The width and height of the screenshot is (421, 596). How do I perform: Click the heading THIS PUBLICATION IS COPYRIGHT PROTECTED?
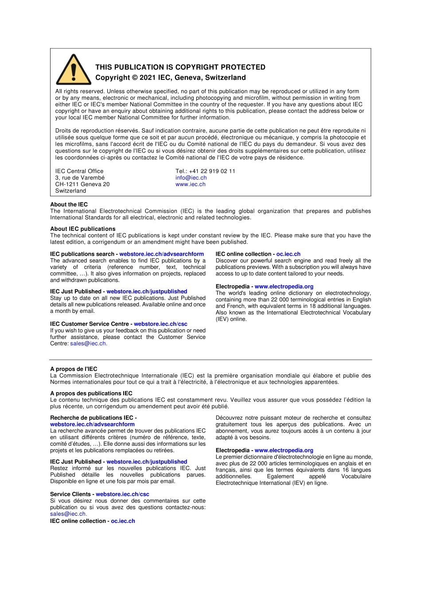pyautogui.click(x=180, y=67)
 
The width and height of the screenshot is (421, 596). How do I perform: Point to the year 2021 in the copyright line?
pyautogui.click(x=148, y=78)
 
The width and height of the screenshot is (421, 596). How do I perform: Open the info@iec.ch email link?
pyautogui.click(x=191, y=178)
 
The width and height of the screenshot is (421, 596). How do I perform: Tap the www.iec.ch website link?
pyautogui.click(x=190, y=184)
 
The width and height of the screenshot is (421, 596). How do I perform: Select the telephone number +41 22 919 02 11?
pyautogui.click(x=212, y=171)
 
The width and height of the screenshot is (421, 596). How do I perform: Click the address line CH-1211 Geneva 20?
pyautogui.click(x=82, y=184)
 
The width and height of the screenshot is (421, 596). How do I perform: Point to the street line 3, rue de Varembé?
pyautogui.click(x=80, y=178)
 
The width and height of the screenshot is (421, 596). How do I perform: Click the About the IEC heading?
pyautogui.click(x=69, y=204)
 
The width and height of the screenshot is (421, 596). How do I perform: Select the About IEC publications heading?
pyautogui.click(x=82, y=229)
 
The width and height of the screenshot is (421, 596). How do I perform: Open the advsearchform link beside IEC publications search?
pyautogui.click(x=161, y=254)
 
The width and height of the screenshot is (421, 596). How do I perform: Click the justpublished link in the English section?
pyautogui.click(x=147, y=292)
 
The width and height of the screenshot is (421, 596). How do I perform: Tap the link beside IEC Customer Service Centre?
pyautogui.click(x=160, y=324)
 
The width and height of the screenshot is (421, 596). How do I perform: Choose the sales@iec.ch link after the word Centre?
pyautogui.click(x=88, y=343)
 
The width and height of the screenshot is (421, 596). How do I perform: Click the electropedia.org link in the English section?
pyautogui.click(x=284, y=286)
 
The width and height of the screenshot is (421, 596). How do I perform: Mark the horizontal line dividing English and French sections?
pyautogui.click(x=210, y=359)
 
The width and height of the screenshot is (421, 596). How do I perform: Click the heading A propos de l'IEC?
pyautogui.click(x=74, y=369)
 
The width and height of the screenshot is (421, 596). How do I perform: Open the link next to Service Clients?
pyautogui.click(x=122, y=494)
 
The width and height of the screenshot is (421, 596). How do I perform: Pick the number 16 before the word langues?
pyautogui.click(x=346, y=470)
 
